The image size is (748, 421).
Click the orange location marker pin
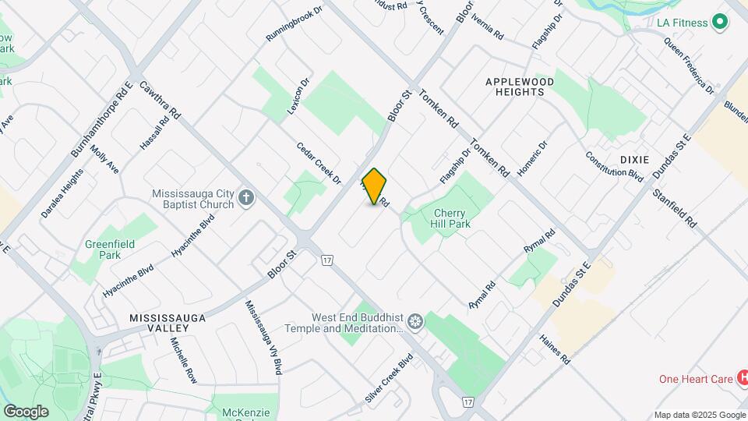pos(375,186)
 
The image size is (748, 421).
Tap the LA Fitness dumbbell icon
pos(720,23)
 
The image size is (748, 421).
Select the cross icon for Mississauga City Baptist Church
pos(246,196)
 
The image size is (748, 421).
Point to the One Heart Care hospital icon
pos(743,379)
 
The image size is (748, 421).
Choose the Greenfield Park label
pos(110,249)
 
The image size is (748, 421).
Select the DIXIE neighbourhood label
pos(634,159)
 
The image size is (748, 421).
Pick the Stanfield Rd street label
pos(674,207)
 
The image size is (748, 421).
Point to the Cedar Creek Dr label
pos(319,163)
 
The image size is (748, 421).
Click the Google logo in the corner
pos(26,411)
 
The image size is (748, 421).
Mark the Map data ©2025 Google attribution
pos(699,415)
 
